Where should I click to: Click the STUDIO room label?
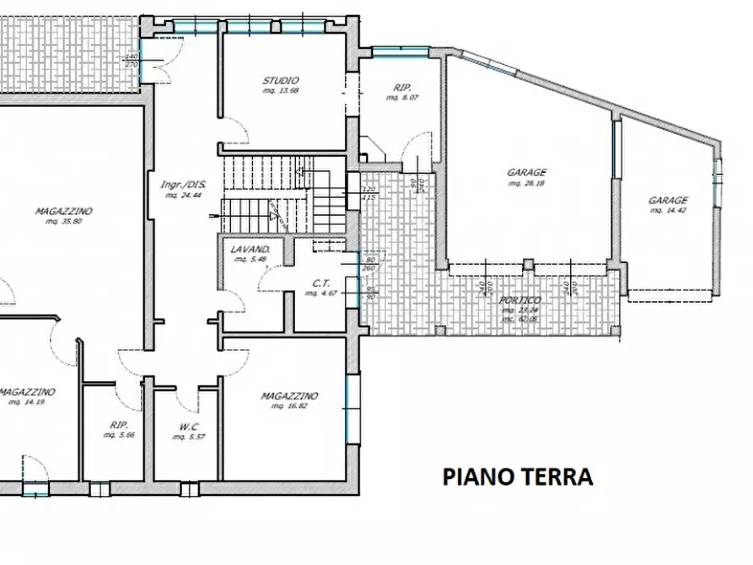282,81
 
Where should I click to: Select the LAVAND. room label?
250,250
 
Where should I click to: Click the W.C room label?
189,426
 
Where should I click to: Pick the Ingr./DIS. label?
183,185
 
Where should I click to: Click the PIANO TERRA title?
518,476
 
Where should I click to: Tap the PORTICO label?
519,300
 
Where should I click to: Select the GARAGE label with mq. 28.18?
526,172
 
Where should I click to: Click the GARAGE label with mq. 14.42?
668,201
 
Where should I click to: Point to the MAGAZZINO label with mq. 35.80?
63,212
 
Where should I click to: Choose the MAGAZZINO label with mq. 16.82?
288,395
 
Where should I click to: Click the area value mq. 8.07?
401,98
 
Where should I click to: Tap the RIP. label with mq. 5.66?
117,426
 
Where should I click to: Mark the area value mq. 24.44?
182,195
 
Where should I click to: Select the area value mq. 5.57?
189,436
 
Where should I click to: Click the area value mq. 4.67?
320,293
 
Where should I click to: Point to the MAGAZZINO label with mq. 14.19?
27,392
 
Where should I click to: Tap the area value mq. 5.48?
250,260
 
